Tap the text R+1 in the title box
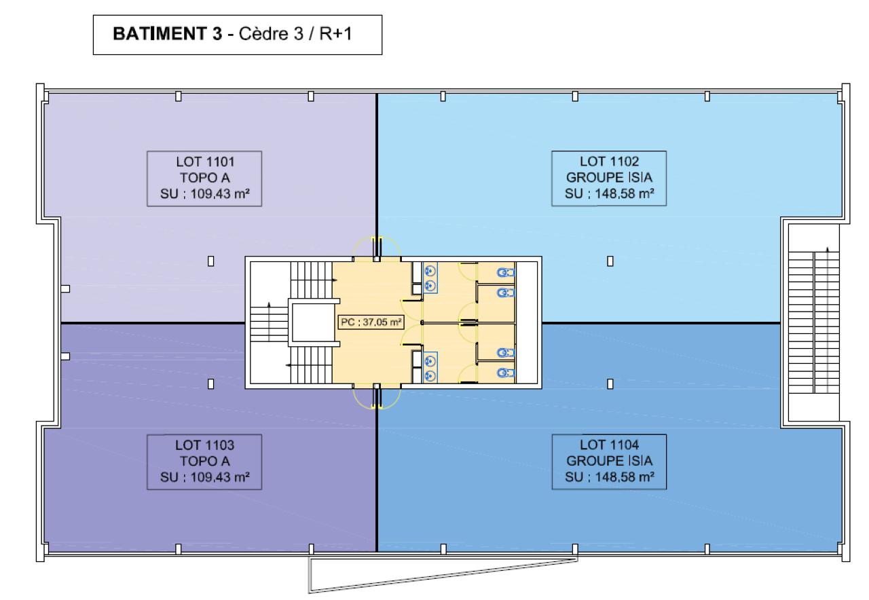click(335, 34)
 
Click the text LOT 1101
click(205, 162)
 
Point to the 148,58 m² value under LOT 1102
click(625, 193)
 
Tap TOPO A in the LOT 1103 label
click(205, 461)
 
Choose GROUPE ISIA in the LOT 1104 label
click(610, 461)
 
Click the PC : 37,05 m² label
click(371, 322)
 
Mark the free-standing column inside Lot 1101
click(210, 261)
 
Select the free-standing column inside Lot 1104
click(610, 384)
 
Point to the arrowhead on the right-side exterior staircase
click(827, 250)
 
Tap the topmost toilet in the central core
click(506, 273)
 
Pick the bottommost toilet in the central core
click(506, 373)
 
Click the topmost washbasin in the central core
click(430, 271)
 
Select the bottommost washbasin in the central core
click(430, 375)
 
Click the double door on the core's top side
click(377, 248)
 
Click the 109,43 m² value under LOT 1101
click(220, 193)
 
